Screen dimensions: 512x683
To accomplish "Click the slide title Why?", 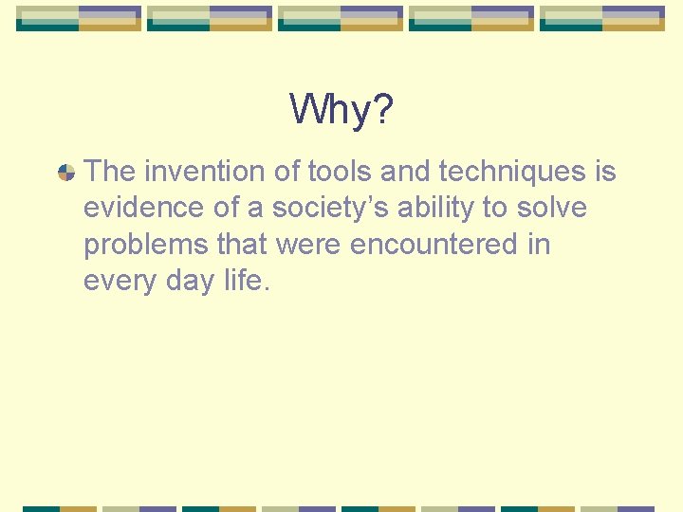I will [341, 110].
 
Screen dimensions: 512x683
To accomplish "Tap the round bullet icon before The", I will [66, 173].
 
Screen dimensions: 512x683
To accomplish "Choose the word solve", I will [552, 208].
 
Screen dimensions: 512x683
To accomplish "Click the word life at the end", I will [247, 281].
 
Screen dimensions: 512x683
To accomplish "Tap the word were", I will [309, 245].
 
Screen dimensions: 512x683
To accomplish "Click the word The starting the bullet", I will [110, 172].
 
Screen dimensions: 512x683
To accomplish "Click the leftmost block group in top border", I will [79, 18].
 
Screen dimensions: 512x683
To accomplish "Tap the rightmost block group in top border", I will [602, 18].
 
